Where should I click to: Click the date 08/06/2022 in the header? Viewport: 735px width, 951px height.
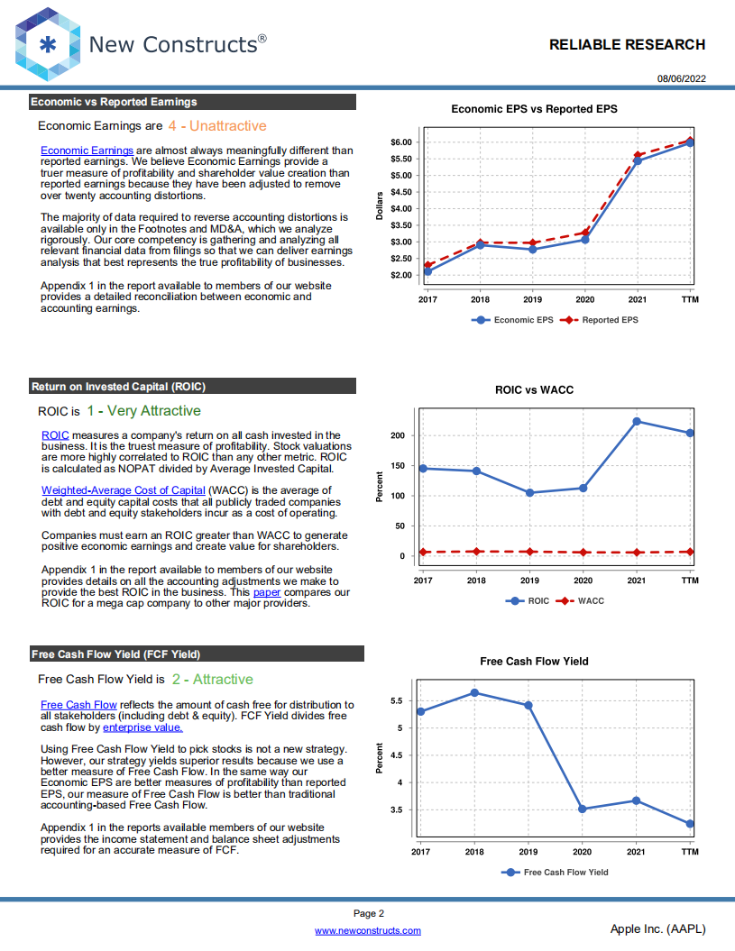click(x=682, y=78)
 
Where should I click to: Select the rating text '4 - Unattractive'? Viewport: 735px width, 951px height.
click(x=217, y=126)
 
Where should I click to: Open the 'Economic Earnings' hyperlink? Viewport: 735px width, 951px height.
click(x=87, y=150)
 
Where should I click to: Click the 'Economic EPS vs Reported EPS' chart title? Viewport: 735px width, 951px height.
click(x=534, y=109)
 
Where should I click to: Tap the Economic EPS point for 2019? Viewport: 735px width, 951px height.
click(x=532, y=250)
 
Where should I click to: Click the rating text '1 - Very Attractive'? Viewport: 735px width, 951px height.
click(x=143, y=411)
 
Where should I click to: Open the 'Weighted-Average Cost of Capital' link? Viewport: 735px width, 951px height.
click(x=124, y=490)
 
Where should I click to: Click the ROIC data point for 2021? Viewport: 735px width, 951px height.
click(x=637, y=421)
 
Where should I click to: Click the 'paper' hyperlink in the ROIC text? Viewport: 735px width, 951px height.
click(x=267, y=592)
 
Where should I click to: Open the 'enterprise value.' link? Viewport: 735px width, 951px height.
click(x=142, y=727)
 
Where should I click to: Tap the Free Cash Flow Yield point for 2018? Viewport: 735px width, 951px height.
click(x=474, y=692)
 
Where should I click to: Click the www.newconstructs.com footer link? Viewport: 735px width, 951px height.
click(x=367, y=930)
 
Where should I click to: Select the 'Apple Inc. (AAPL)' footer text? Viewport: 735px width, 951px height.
click(x=657, y=928)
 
